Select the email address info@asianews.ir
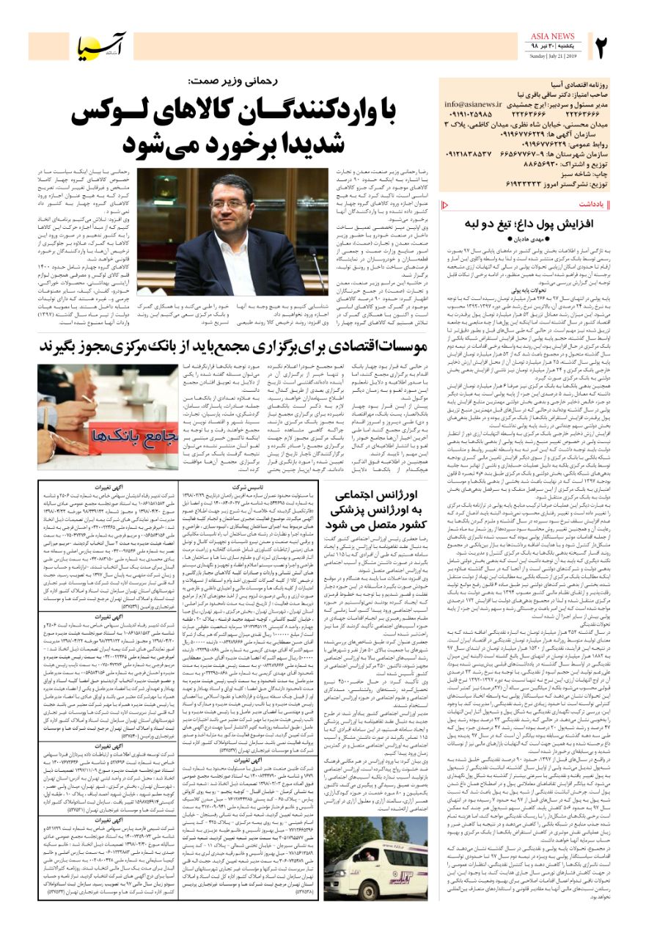[473, 105]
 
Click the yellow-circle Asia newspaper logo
[102, 48]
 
